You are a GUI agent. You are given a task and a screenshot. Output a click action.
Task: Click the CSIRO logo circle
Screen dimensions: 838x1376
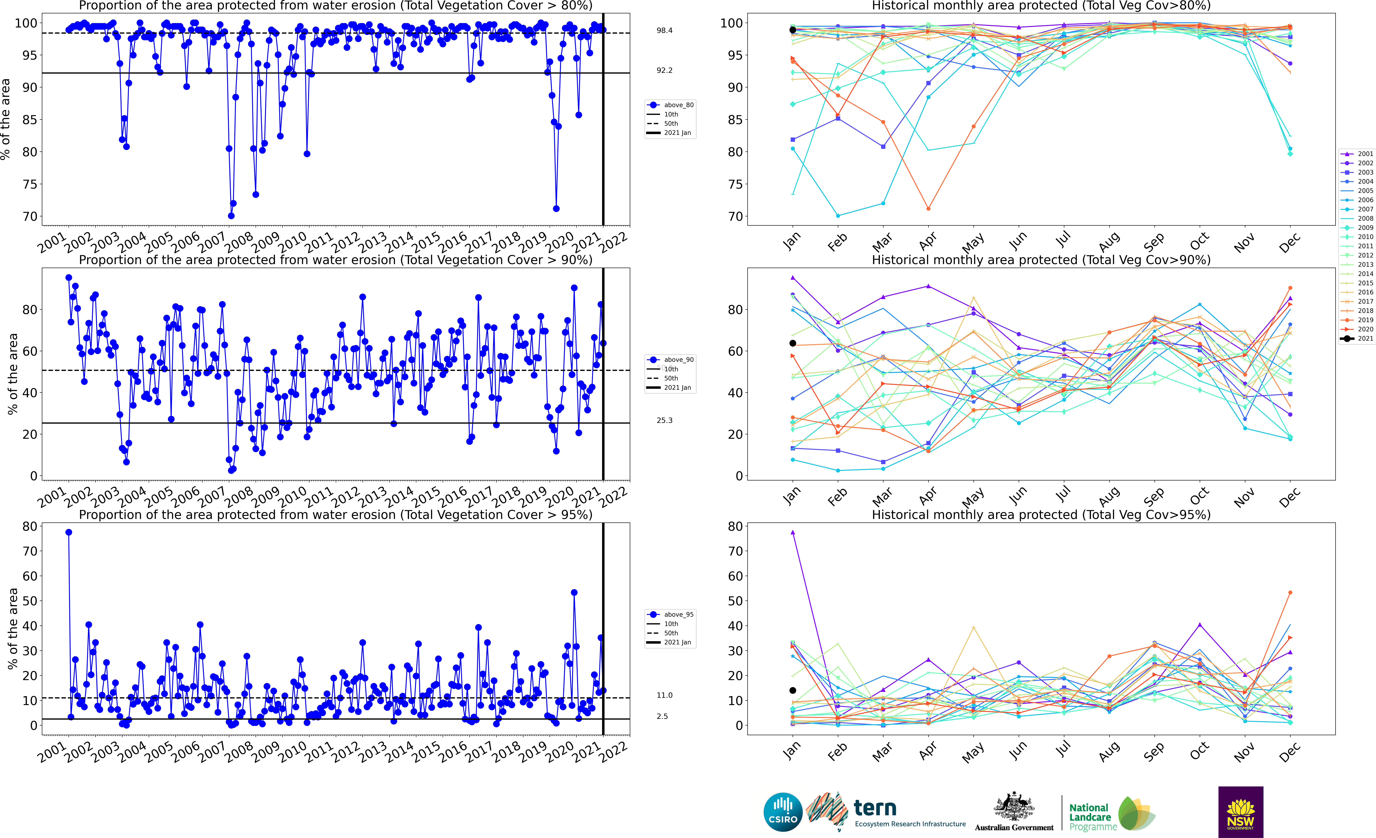pyautogui.click(x=783, y=812)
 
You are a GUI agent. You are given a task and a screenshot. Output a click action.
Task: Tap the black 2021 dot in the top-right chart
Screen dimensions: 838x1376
pyautogui.click(x=792, y=30)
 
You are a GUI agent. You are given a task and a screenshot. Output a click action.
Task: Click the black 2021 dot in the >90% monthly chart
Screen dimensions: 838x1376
pyautogui.click(x=792, y=343)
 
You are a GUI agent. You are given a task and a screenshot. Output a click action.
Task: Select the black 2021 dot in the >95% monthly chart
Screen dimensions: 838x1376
pyautogui.click(x=792, y=691)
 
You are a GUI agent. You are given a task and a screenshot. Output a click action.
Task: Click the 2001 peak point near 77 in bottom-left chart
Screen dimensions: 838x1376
pyautogui.click(x=69, y=532)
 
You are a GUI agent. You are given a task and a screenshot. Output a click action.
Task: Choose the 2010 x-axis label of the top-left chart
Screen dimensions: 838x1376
pyautogui.click(x=292, y=242)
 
